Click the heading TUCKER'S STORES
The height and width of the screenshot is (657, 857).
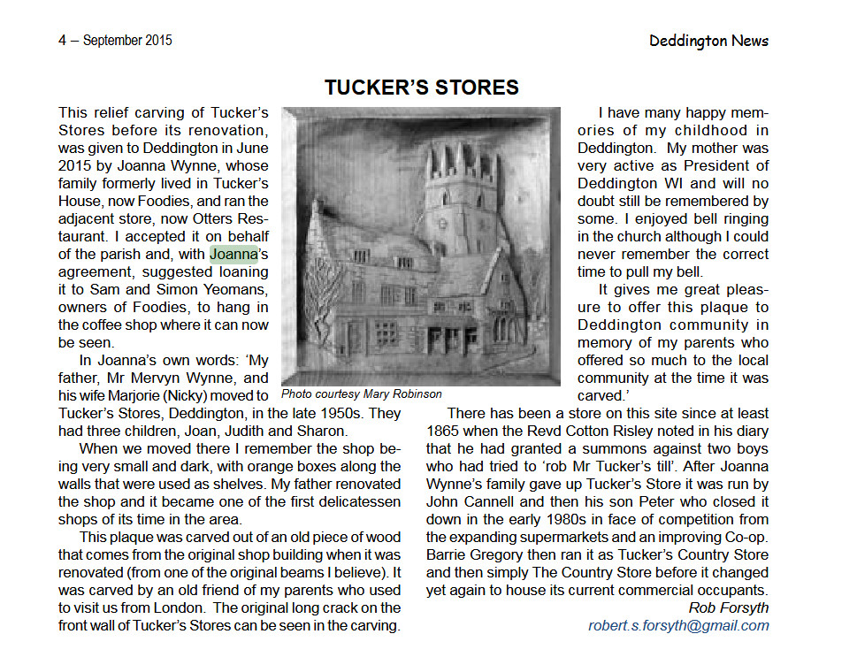coord(421,87)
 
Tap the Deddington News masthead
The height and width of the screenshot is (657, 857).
coord(708,41)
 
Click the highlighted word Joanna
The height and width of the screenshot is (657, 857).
coord(233,255)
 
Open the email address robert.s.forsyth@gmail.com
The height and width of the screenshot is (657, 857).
coord(678,625)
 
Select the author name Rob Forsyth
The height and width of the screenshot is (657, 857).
coord(728,607)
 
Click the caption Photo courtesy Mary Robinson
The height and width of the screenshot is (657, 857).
coord(362,393)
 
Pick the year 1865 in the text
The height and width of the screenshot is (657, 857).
coord(444,431)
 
